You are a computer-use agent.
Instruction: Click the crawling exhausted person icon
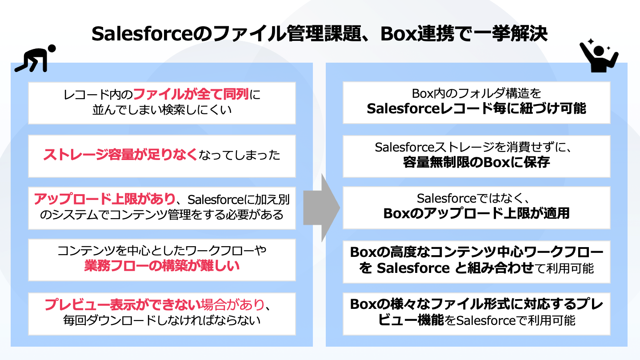35,58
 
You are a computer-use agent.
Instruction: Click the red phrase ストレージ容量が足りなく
120,155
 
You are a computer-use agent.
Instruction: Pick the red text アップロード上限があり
106,199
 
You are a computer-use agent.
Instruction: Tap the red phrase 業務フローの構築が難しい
162,266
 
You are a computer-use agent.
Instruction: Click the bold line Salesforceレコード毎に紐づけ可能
476,109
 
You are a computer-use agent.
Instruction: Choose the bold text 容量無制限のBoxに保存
476,162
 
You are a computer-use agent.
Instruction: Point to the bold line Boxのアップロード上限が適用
476,213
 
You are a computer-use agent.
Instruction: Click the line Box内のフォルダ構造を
476,94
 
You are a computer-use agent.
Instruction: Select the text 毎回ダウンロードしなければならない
162,320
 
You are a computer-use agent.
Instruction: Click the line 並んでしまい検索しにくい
162,109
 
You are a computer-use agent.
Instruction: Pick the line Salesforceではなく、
476,199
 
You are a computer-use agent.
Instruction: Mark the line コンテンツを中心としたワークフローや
162,252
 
